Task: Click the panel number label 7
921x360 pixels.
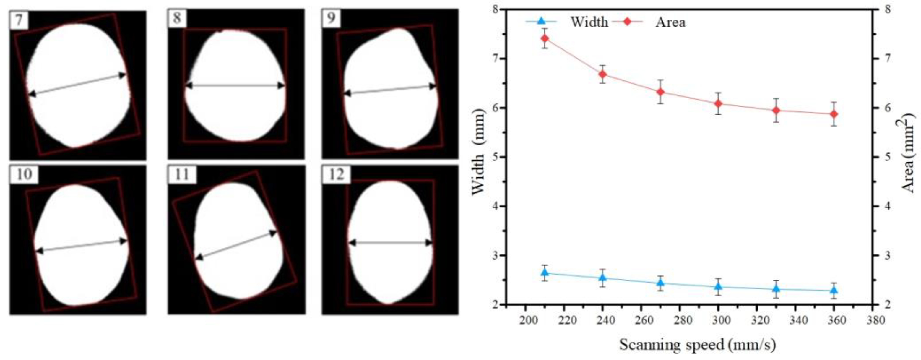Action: [x=19, y=20]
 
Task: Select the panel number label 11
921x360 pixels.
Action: [x=182, y=175]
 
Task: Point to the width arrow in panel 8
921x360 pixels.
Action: [x=235, y=86]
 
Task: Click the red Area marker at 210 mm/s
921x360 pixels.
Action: [x=545, y=38]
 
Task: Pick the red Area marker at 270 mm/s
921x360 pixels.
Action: [x=660, y=92]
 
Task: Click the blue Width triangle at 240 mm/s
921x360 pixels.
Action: [x=602, y=278]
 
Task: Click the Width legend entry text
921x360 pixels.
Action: [x=589, y=22]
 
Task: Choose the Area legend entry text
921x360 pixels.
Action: [x=670, y=22]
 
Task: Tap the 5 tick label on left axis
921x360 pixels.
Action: [x=497, y=157]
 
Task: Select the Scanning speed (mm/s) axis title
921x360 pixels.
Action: [x=697, y=345]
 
